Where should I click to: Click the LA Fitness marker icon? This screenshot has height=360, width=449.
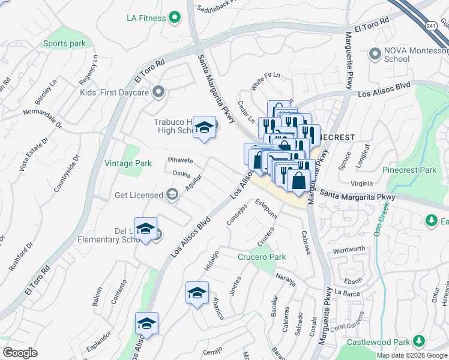175,18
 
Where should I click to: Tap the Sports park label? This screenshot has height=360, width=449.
64,43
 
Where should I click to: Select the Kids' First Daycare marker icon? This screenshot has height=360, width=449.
158,92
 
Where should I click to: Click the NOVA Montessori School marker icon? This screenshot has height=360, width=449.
375,53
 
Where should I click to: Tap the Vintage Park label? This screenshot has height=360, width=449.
128,163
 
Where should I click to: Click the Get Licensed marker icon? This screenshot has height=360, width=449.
172,194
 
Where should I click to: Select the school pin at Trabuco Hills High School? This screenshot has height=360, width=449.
205,128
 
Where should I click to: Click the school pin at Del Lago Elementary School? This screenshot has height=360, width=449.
145,230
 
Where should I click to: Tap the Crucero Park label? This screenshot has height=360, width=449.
262,257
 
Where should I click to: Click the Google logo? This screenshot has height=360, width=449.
20,352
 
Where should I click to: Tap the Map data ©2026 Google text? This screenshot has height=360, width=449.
412,355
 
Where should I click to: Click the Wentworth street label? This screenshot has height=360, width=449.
349,249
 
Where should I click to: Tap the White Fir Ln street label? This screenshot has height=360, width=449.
266,81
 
